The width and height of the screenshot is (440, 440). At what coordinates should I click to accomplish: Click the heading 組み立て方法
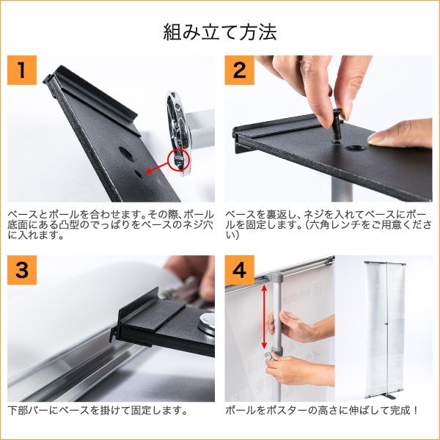(x=220, y=32)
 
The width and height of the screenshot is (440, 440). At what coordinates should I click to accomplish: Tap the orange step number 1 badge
(x=22, y=70)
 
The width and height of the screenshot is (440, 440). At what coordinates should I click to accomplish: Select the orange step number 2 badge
(x=239, y=70)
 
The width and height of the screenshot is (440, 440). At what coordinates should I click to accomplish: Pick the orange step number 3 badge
(x=22, y=270)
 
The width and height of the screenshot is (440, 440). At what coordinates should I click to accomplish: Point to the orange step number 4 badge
(x=239, y=270)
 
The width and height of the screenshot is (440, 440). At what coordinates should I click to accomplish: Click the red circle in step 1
(x=179, y=160)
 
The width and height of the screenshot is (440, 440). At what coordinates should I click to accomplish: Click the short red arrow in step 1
(x=157, y=168)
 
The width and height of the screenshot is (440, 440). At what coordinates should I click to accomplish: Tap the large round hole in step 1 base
(x=126, y=154)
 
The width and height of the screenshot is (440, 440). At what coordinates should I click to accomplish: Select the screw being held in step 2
(x=336, y=125)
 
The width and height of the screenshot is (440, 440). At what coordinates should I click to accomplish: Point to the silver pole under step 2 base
(x=342, y=190)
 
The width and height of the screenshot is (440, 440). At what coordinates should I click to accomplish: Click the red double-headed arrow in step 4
(x=264, y=317)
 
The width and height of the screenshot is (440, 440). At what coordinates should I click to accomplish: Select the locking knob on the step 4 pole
(x=269, y=356)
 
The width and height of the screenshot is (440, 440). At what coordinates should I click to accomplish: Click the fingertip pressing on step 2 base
(x=376, y=139)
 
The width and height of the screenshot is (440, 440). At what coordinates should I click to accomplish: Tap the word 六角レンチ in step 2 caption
(x=333, y=225)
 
